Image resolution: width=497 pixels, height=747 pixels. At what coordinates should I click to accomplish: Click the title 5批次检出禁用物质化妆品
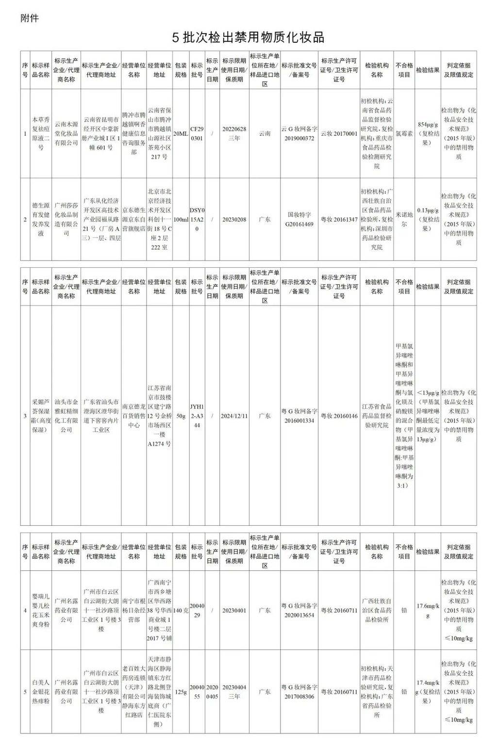point(248,37)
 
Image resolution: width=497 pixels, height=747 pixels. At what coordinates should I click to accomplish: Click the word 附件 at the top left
point(30,18)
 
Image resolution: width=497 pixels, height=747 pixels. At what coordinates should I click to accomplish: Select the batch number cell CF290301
point(197,133)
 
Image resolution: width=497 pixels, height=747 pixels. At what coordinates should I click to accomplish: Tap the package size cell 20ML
point(181,133)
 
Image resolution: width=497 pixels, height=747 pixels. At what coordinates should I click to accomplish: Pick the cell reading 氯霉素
point(404,133)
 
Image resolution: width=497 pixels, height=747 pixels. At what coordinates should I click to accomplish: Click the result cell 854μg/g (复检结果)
point(428,133)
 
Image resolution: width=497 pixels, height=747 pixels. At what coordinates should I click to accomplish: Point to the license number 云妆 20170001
point(339,133)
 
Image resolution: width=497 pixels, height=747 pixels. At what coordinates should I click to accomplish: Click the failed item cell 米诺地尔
point(404,219)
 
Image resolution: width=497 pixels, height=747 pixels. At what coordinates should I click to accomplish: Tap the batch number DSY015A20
point(197,219)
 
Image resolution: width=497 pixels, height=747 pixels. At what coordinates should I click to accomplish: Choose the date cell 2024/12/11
point(234,416)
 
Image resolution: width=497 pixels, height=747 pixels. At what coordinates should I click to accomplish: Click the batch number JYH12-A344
point(197,416)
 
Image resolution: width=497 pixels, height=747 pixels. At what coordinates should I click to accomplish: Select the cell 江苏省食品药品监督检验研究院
point(377,416)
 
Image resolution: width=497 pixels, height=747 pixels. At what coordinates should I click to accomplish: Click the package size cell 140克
point(181,610)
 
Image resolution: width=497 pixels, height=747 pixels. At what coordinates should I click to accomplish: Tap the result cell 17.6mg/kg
point(428,610)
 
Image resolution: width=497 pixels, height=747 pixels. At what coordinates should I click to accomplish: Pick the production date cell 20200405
point(212,692)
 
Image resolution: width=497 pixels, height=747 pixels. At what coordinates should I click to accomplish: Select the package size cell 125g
point(181,692)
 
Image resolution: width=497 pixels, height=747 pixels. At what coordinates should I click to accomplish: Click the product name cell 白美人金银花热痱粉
point(41,692)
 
